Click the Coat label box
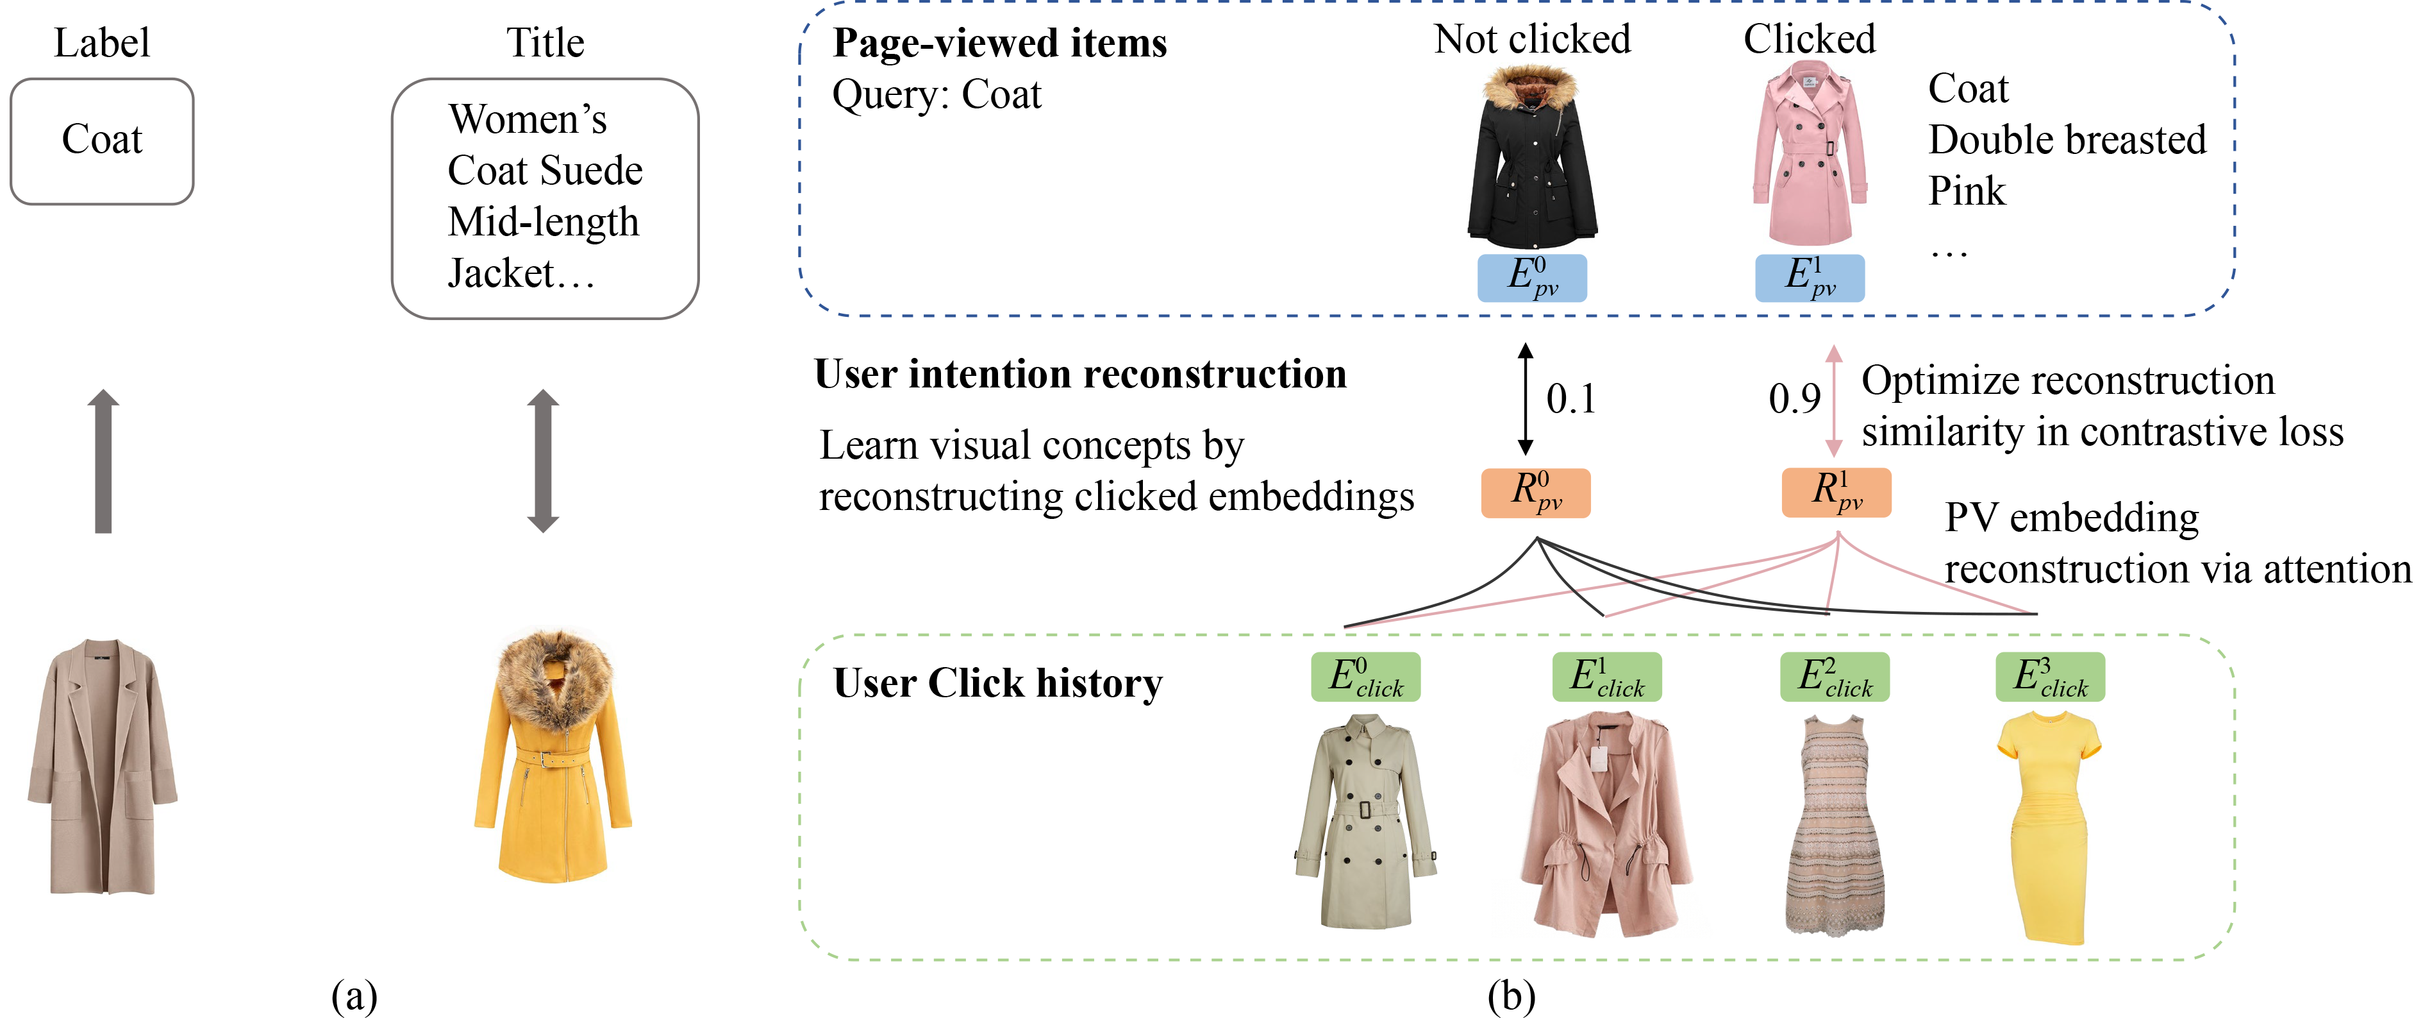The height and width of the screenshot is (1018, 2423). (101, 141)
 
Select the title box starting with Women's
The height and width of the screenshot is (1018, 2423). (545, 198)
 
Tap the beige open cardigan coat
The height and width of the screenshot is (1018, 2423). (101, 766)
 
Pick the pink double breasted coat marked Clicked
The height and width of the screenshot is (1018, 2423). (1809, 155)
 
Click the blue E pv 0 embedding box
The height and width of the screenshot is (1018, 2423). (1531, 278)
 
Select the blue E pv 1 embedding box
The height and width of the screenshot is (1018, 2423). (1809, 278)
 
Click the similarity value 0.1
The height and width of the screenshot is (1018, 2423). (1571, 399)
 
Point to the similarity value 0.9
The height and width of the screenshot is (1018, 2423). (1794, 399)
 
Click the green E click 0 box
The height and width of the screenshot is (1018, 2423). (1365, 677)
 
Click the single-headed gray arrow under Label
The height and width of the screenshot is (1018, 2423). (103, 461)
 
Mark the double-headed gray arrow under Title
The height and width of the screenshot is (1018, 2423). (543, 461)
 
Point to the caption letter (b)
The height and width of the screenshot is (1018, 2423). (1511, 996)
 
